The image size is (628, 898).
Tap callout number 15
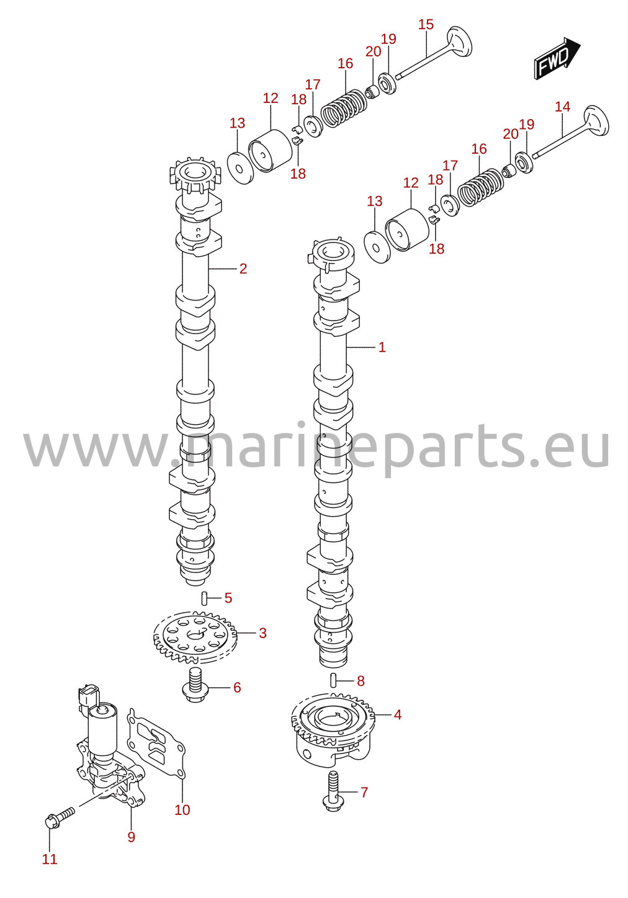pyautogui.click(x=426, y=24)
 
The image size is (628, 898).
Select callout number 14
pyautogui.click(x=563, y=107)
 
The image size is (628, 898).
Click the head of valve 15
pyautogui.click(x=459, y=41)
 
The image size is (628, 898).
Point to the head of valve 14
pyautogui.click(x=596, y=120)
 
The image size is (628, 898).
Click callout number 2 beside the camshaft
pyautogui.click(x=243, y=269)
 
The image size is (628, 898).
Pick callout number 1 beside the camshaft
pyautogui.click(x=382, y=347)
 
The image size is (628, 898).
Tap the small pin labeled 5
pyautogui.click(x=204, y=598)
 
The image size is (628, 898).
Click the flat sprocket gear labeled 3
pyautogui.click(x=195, y=637)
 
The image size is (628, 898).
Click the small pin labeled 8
pyautogui.click(x=333, y=680)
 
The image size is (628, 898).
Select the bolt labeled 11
pyautogui.click(x=60, y=818)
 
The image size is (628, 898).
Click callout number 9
pyautogui.click(x=131, y=837)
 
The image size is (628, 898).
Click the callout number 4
pyautogui.click(x=397, y=714)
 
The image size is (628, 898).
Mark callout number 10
pyautogui.click(x=182, y=810)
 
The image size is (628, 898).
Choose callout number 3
pyautogui.click(x=262, y=633)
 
